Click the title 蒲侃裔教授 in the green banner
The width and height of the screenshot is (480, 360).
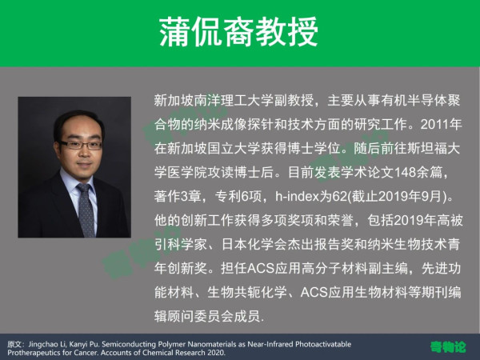point(238,32)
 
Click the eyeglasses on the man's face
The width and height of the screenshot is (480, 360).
point(81,145)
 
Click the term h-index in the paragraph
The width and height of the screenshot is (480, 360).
point(297,196)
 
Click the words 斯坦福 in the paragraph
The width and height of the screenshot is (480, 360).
point(427,149)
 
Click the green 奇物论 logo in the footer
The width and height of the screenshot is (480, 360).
point(448,347)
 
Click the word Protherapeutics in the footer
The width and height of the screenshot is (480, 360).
point(34,353)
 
